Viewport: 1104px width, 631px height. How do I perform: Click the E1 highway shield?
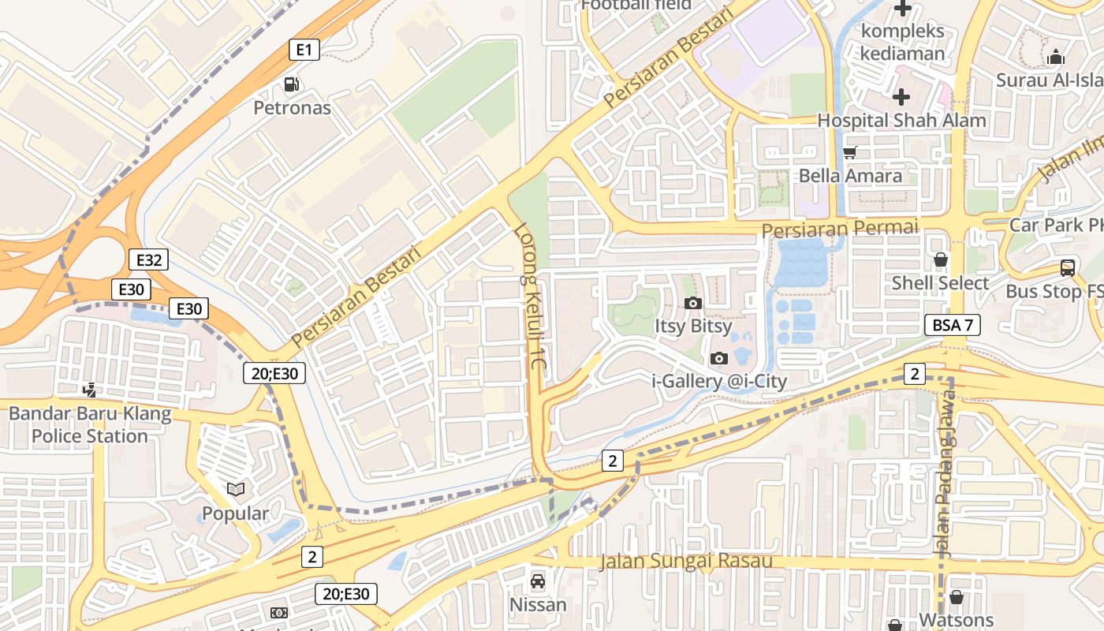pos(304,50)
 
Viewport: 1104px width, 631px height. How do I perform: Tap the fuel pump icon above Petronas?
pos(292,84)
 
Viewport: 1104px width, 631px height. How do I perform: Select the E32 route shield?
pos(149,259)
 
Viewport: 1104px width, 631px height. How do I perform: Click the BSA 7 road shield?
pos(952,324)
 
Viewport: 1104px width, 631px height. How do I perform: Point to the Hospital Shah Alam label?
pos(901,121)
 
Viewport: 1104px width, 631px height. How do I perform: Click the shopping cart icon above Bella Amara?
pos(850,152)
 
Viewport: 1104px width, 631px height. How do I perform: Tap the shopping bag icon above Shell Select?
pos(940,259)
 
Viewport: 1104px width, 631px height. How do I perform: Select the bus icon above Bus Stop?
pos(1067,268)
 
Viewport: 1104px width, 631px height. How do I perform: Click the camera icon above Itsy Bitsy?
pos(693,303)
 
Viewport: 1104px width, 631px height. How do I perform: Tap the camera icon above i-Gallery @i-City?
pos(718,359)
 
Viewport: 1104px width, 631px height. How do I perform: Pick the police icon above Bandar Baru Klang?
pos(90,389)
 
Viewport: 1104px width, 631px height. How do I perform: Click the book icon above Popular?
pos(235,490)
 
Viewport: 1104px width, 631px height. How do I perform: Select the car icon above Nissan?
pos(538,581)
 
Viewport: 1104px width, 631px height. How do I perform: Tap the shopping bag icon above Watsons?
pos(956,597)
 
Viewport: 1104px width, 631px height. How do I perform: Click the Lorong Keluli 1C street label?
pos(530,298)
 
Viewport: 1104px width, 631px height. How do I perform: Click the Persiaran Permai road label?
pos(841,229)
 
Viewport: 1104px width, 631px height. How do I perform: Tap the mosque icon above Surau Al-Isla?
pos(1055,57)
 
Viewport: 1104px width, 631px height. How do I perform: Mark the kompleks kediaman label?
pos(903,43)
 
